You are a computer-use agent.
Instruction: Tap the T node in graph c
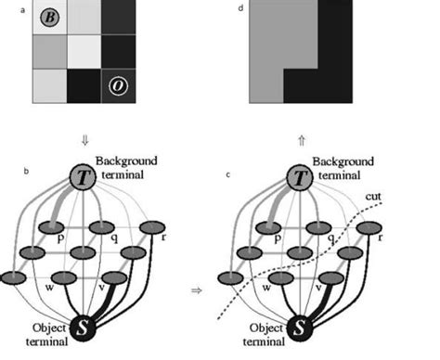[x=299, y=178]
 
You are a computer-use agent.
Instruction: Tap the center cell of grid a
[x=84, y=51]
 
